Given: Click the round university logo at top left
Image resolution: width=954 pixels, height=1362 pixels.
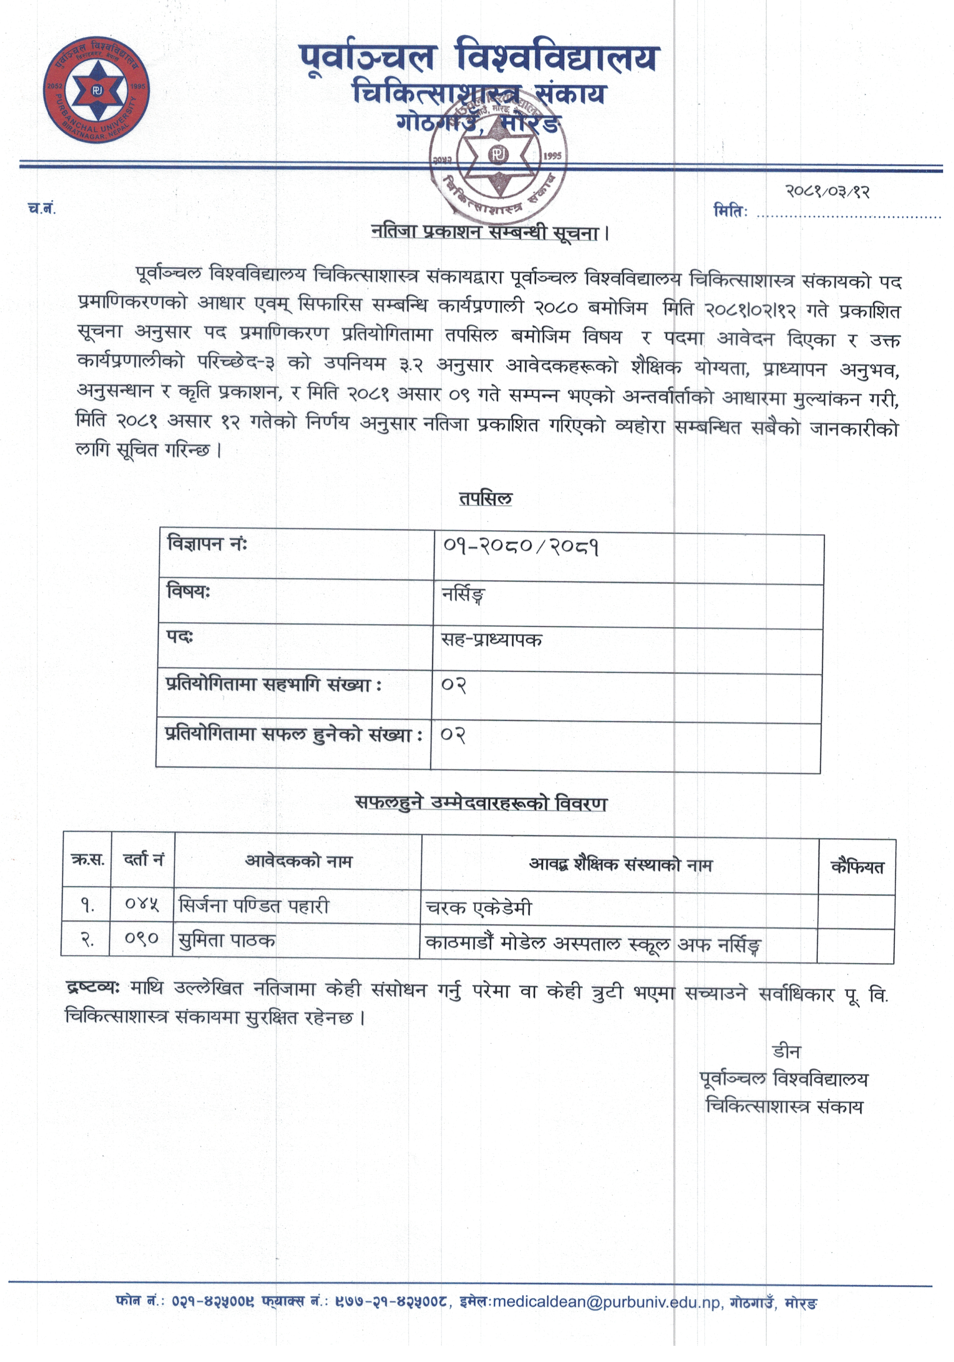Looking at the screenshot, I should tap(96, 91).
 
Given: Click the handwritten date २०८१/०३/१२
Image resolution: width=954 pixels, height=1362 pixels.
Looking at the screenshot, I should tap(827, 191).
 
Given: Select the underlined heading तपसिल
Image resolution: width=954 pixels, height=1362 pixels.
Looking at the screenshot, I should tap(485, 498).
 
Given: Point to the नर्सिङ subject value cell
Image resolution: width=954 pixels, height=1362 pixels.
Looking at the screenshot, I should tap(463, 595).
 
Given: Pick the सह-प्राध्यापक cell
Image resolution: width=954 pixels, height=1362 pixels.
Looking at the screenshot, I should tap(491, 640).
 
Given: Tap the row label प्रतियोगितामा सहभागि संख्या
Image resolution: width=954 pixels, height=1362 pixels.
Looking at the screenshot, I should tap(273, 685).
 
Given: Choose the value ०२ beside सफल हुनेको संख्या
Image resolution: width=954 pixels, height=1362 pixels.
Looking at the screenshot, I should tap(453, 735).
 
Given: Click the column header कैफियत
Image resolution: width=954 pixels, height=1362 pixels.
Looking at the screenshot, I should tap(856, 867).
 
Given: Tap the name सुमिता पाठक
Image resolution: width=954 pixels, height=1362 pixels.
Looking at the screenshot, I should tap(227, 940).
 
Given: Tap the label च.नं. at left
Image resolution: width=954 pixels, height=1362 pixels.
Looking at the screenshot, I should tap(42, 208).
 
